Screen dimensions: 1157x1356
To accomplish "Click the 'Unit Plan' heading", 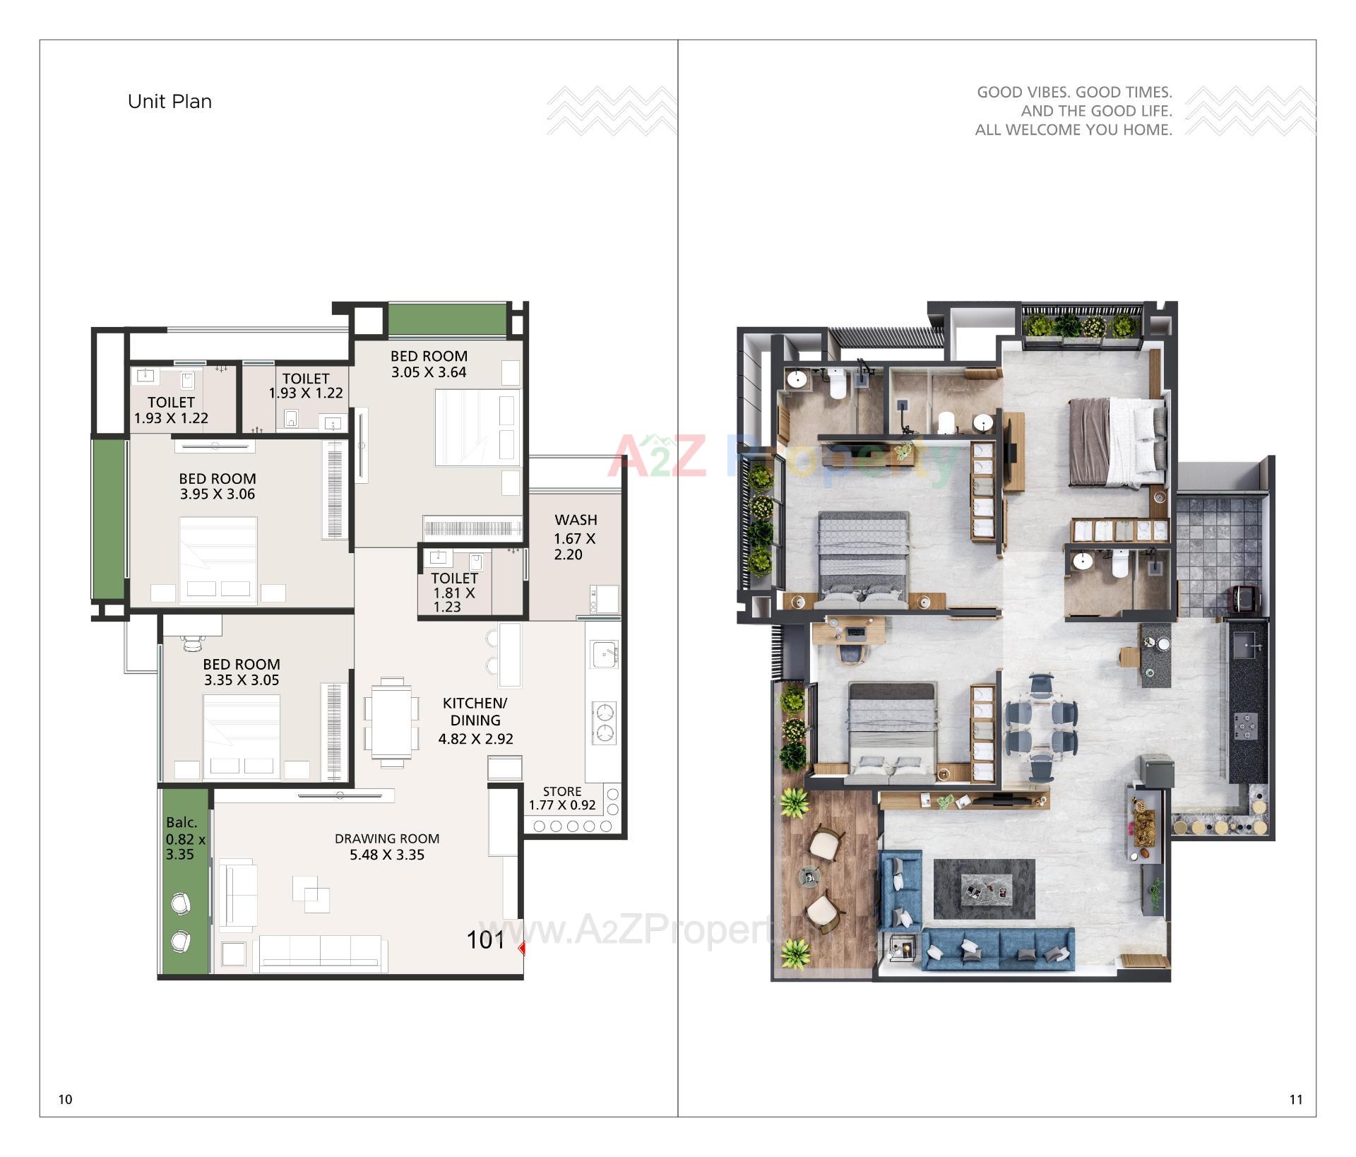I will click(x=169, y=102).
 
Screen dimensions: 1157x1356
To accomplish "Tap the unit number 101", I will click(x=486, y=940).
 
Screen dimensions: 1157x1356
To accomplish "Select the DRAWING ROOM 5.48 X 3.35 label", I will click(x=387, y=847).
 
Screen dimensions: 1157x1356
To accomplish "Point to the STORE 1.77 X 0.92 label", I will click(x=562, y=798).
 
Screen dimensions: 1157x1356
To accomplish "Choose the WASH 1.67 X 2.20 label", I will click(x=576, y=537).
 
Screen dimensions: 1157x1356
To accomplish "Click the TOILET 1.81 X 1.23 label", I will click(x=454, y=592).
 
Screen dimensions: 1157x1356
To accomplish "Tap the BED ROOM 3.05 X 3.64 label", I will click(x=429, y=364).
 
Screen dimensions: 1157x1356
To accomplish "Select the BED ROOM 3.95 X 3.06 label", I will click(x=218, y=486).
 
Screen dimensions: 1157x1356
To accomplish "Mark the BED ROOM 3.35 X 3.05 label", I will click(x=242, y=672).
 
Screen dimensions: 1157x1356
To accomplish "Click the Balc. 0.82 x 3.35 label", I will click(x=185, y=838).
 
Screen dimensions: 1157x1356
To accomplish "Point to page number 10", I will click(x=65, y=1099).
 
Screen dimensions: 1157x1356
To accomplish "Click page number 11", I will click(x=1295, y=1099).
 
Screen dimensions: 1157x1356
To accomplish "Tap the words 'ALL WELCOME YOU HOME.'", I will click(x=1073, y=130).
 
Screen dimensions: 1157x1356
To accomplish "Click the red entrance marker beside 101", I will click(x=522, y=949).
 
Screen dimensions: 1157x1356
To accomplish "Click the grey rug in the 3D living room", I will click(x=984, y=889).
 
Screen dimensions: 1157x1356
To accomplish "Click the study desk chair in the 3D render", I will click(x=852, y=653).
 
